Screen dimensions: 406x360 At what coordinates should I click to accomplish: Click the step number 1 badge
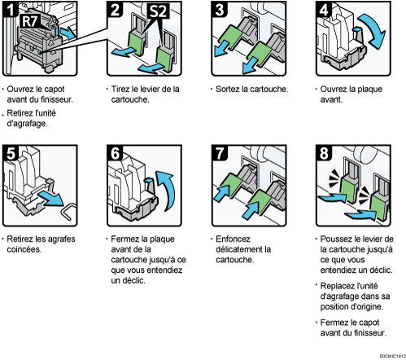coord(10,9)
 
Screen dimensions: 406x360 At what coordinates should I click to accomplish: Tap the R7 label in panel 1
coord(31,21)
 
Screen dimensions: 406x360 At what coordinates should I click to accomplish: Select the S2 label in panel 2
coord(158,11)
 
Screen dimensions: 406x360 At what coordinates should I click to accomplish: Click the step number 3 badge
coord(219,9)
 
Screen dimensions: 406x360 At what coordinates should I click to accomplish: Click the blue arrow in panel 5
coord(51,198)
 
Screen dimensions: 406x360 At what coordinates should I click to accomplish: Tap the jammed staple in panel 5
coord(69,211)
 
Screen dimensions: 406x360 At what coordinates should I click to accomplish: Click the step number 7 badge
coord(219,153)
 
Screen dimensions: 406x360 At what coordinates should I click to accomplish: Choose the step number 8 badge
coord(324,153)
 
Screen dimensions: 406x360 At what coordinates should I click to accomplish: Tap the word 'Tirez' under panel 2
coord(120,89)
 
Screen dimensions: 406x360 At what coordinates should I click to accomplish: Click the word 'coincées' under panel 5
coord(24,249)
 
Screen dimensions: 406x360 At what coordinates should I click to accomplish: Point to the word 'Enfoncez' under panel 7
coord(233,239)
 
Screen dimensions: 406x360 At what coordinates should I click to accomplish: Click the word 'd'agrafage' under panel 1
coord(27,124)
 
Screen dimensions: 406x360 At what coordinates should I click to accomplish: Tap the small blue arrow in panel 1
coord(68,33)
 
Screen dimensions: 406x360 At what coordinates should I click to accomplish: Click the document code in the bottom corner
coord(392,356)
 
